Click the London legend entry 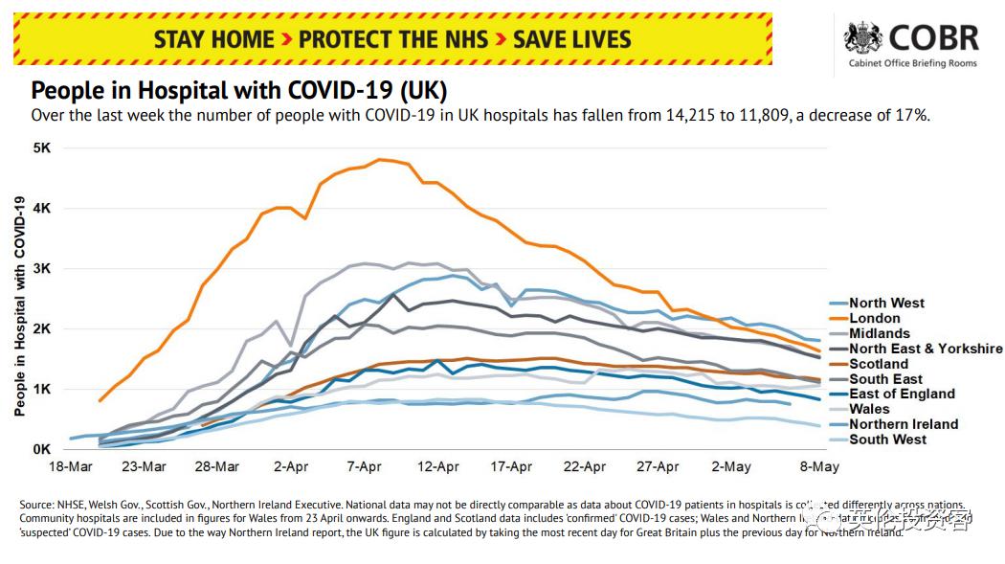[875, 318]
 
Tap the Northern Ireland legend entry [903, 424]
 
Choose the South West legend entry [887, 440]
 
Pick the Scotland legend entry [879, 364]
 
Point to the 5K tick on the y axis [41, 148]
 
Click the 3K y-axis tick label [41, 269]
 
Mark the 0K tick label [41, 449]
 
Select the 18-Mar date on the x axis [71, 467]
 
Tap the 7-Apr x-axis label [365, 467]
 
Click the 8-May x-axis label [819, 467]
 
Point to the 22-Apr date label [584, 467]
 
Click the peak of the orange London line [381, 159]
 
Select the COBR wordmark [933, 38]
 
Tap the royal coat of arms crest [862, 38]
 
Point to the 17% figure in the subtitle [912, 115]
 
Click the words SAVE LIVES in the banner [572, 39]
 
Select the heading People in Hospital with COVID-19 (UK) [238, 91]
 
